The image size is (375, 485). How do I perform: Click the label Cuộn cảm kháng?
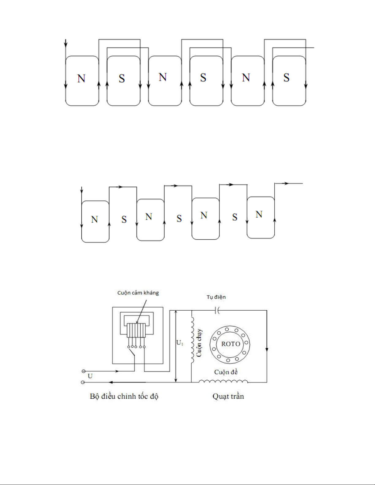click(x=138, y=293)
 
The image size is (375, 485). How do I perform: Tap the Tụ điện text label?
click(x=216, y=297)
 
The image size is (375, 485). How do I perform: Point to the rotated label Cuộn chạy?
click(x=199, y=343)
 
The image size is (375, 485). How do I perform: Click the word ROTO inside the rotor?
click(x=231, y=344)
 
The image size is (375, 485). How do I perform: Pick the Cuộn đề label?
click(x=226, y=372)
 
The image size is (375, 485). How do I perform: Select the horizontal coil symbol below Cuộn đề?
click(x=223, y=381)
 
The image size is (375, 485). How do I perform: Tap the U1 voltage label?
click(x=180, y=343)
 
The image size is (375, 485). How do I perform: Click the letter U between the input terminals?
click(x=90, y=376)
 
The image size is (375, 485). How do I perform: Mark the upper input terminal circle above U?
click(x=84, y=371)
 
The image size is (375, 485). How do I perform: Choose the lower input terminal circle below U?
click(x=83, y=382)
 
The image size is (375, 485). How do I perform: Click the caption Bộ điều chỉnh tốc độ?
click(x=124, y=396)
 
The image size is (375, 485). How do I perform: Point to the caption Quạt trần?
click(x=228, y=396)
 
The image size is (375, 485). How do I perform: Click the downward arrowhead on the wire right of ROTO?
click(x=267, y=349)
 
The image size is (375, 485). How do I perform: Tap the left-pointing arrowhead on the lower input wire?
click(x=111, y=382)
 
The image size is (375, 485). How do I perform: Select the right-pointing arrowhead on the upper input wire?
click(x=117, y=371)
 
